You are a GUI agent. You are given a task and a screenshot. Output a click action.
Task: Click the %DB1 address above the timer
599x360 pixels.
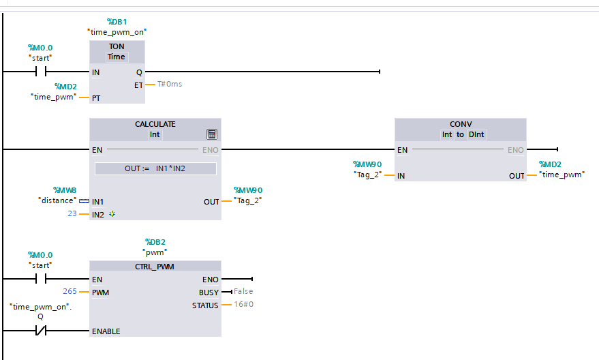[x=117, y=22]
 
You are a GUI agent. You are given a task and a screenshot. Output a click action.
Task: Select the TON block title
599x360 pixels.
[x=117, y=46]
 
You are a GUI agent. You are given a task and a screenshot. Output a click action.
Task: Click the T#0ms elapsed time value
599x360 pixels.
[x=170, y=85]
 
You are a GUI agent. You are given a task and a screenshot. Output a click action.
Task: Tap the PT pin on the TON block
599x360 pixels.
[x=96, y=98]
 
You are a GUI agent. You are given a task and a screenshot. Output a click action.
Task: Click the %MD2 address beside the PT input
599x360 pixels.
[x=65, y=87]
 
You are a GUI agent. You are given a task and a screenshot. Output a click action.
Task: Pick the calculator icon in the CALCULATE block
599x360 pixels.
[x=211, y=134]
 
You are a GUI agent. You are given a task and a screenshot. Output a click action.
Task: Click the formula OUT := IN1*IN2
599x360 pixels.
[x=155, y=168]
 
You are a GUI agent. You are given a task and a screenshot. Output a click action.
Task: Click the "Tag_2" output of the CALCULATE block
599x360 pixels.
[x=248, y=200]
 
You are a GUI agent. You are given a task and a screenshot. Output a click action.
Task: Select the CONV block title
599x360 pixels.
[x=461, y=124]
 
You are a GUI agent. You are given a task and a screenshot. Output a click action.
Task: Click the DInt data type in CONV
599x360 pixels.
[x=476, y=134]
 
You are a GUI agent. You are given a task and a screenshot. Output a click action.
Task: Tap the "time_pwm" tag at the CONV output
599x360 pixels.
[x=562, y=175]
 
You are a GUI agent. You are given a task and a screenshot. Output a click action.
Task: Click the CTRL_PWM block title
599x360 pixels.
[x=155, y=266]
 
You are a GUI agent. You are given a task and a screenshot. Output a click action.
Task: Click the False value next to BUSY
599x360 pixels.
[x=243, y=292]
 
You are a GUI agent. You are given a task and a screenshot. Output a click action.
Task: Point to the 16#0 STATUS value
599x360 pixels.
[x=243, y=305]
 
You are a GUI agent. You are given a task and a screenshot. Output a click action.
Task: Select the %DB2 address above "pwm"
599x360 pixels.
[x=155, y=242]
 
